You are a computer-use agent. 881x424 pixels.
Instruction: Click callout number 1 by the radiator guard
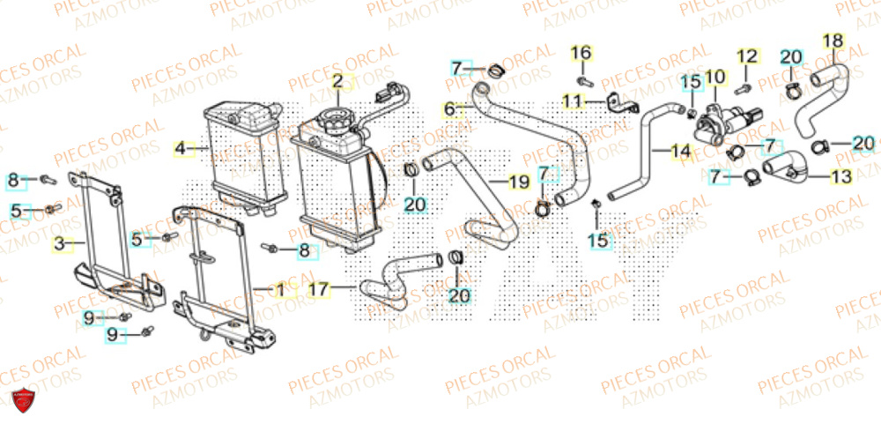tap(279, 288)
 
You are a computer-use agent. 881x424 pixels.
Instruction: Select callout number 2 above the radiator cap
tap(337, 82)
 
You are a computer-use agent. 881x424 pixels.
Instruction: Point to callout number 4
tap(180, 149)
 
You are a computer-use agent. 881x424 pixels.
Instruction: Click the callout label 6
tap(448, 108)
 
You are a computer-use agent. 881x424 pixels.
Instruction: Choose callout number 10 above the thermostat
tap(714, 78)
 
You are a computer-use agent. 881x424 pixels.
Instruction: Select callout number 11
tap(574, 101)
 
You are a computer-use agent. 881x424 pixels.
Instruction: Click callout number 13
tap(841, 177)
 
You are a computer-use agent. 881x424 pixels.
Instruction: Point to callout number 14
tap(680, 151)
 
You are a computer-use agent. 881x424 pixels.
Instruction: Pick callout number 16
tap(581, 54)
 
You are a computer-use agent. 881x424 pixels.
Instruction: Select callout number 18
tap(833, 41)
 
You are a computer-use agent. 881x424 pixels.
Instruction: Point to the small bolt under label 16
tap(585, 80)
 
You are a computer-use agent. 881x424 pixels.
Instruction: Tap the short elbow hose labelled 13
tap(783, 168)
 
